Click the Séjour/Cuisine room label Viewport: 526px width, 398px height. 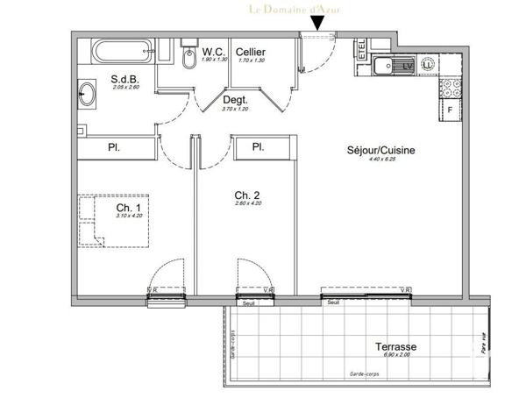point(380,150)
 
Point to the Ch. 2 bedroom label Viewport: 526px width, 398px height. point(245,195)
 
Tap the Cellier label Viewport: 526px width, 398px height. point(251,53)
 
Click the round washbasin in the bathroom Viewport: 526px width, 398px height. point(89,95)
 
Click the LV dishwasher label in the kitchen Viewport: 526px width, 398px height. point(408,64)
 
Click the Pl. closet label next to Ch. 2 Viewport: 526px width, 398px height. point(258,146)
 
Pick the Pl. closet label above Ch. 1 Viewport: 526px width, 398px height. point(114,147)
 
